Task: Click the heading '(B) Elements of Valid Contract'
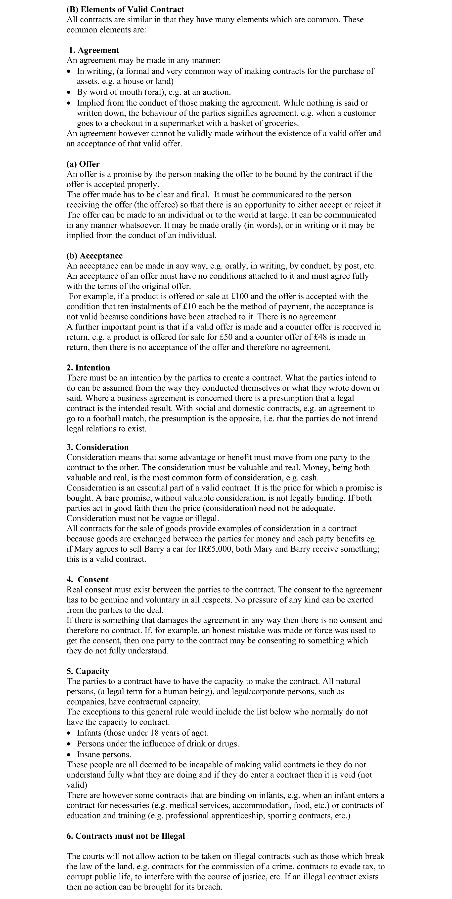(x=125, y=9)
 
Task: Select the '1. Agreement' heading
(x=94, y=50)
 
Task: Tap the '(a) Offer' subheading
(x=83, y=164)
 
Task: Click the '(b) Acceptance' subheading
(x=95, y=256)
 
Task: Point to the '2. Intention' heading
(x=88, y=368)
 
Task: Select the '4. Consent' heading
(x=88, y=579)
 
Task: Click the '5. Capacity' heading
(x=88, y=671)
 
